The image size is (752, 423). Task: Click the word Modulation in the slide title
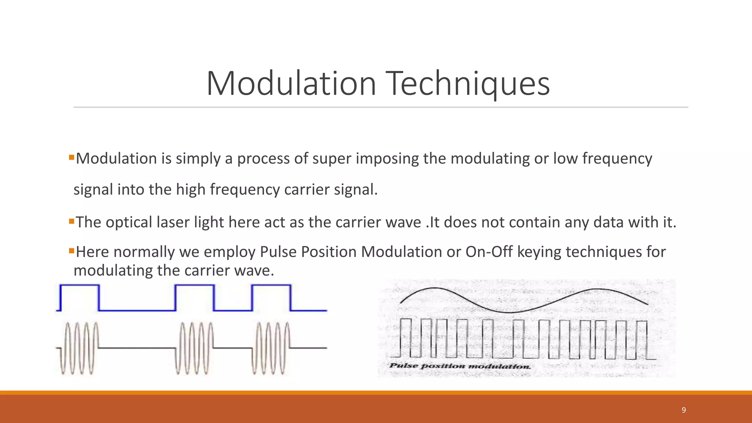[x=291, y=84]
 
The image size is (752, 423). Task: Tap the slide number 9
[x=683, y=410]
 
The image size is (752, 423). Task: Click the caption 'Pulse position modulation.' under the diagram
[x=460, y=366]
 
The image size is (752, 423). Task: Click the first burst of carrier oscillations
[x=79, y=348]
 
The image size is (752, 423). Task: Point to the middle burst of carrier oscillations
[x=195, y=348]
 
